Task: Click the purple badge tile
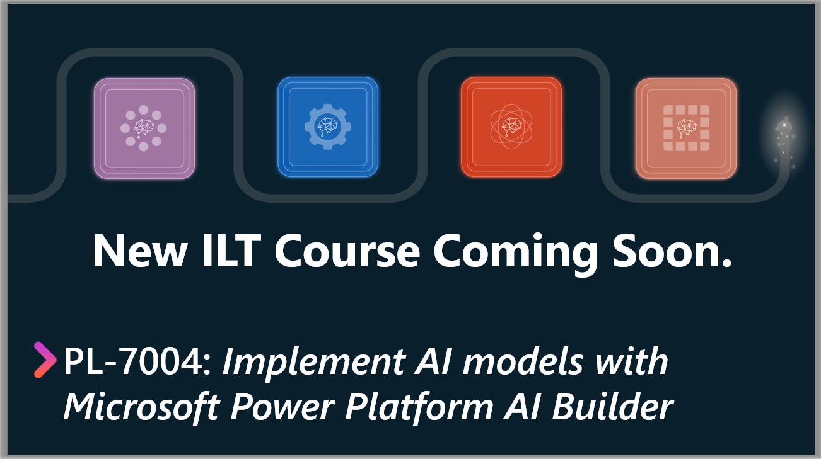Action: [x=144, y=128]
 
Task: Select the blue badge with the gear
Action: [x=328, y=127]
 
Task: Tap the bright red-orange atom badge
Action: [x=511, y=127]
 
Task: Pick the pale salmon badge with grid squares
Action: [x=686, y=128]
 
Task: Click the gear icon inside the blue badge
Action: [x=328, y=127]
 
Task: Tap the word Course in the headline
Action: [x=347, y=251]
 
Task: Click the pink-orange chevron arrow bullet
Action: [x=45, y=360]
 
